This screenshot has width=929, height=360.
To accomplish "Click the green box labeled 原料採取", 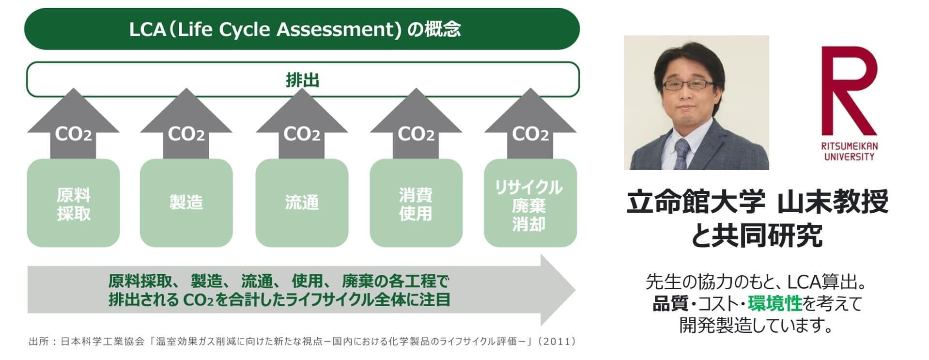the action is click(x=73, y=203).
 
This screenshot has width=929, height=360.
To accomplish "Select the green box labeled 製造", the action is click(x=186, y=203).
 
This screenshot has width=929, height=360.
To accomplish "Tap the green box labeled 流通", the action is click(x=302, y=203).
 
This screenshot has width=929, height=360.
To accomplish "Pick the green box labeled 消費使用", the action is click(x=416, y=203).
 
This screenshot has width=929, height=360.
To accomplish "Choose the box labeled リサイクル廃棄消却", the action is click(x=530, y=203).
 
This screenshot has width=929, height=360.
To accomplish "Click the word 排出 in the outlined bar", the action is click(x=303, y=80).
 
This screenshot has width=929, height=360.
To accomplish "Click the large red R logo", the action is click(x=849, y=91).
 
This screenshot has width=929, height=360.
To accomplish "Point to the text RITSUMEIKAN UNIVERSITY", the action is click(x=849, y=151).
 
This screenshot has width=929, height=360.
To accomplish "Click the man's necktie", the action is click(x=681, y=154).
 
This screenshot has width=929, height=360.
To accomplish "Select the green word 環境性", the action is click(x=775, y=303).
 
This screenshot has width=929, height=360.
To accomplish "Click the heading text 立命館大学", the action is click(x=696, y=202).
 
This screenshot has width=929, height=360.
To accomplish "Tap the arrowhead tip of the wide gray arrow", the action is click(x=575, y=290).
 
